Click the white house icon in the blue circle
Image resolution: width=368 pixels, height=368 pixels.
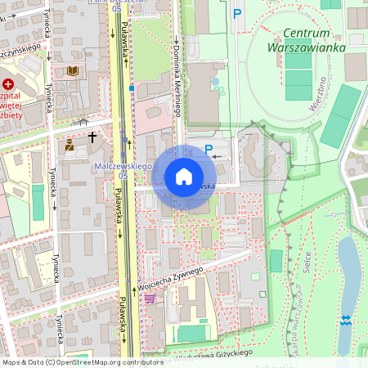pyautogui.click(x=184, y=177)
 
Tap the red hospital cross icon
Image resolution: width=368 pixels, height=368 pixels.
pyautogui.click(x=8, y=83)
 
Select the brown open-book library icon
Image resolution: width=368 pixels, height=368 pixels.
pyautogui.click(x=72, y=71)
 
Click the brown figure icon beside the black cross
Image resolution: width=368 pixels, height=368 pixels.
pyautogui.click(x=70, y=146)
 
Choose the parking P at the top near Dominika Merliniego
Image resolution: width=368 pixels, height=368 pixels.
pyautogui.click(x=237, y=13)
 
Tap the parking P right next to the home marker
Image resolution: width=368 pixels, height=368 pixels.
pyautogui.click(x=208, y=150)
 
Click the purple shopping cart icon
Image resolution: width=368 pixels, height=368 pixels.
pyautogui.click(x=150, y=298)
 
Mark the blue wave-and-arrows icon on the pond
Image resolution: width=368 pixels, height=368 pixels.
pyautogui.click(x=345, y=319)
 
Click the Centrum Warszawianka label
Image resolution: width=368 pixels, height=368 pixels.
pyautogui.click(x=298, y=40)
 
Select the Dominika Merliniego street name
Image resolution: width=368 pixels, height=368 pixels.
pyautogui.click(x=177, y=82)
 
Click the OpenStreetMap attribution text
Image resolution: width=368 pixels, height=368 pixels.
pyautogui.click(x=82, y=361)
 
